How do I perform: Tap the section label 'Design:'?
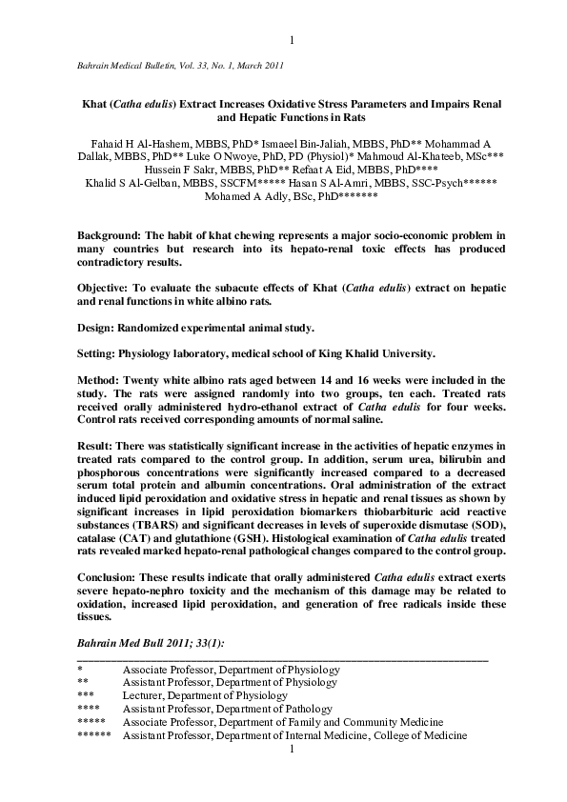pyautogui.click(x=96, y=327)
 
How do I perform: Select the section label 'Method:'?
pyautogui.click(x=98, y=380)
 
